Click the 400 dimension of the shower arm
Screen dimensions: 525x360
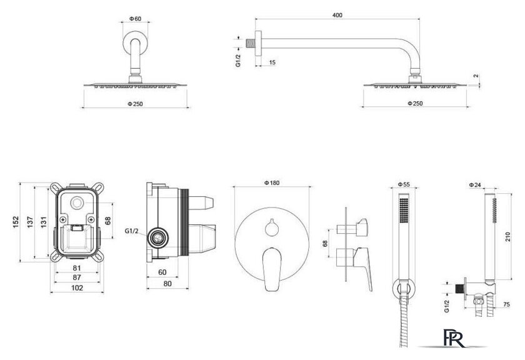(337, 15)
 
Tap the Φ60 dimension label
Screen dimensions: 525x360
(135, 19)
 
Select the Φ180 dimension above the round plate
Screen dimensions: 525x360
(271, 183)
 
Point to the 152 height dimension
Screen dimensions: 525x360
(16, 222)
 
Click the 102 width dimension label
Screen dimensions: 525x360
(77, 287)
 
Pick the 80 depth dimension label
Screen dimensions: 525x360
(167, 284)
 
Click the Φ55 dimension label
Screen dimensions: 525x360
(404, 184)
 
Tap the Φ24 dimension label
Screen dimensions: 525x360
(475, 185)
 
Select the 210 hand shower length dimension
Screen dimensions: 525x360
(508, 237)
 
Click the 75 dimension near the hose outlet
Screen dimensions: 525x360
(506, 304)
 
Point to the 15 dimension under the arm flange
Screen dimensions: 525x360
(272, 62)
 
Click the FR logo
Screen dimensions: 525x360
(454, 338)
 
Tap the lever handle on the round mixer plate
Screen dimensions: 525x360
(271, 269)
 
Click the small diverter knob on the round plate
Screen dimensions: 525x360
(271, 227)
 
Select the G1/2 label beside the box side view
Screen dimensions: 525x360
(131, 231)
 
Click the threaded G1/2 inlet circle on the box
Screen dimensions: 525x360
(157, 238)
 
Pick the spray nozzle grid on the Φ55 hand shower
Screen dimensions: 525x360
(404, 209)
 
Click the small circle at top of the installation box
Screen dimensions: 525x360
(77, 203)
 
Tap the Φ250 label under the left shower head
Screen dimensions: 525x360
(135, 104)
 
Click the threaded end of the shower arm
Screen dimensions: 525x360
(250, 43)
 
